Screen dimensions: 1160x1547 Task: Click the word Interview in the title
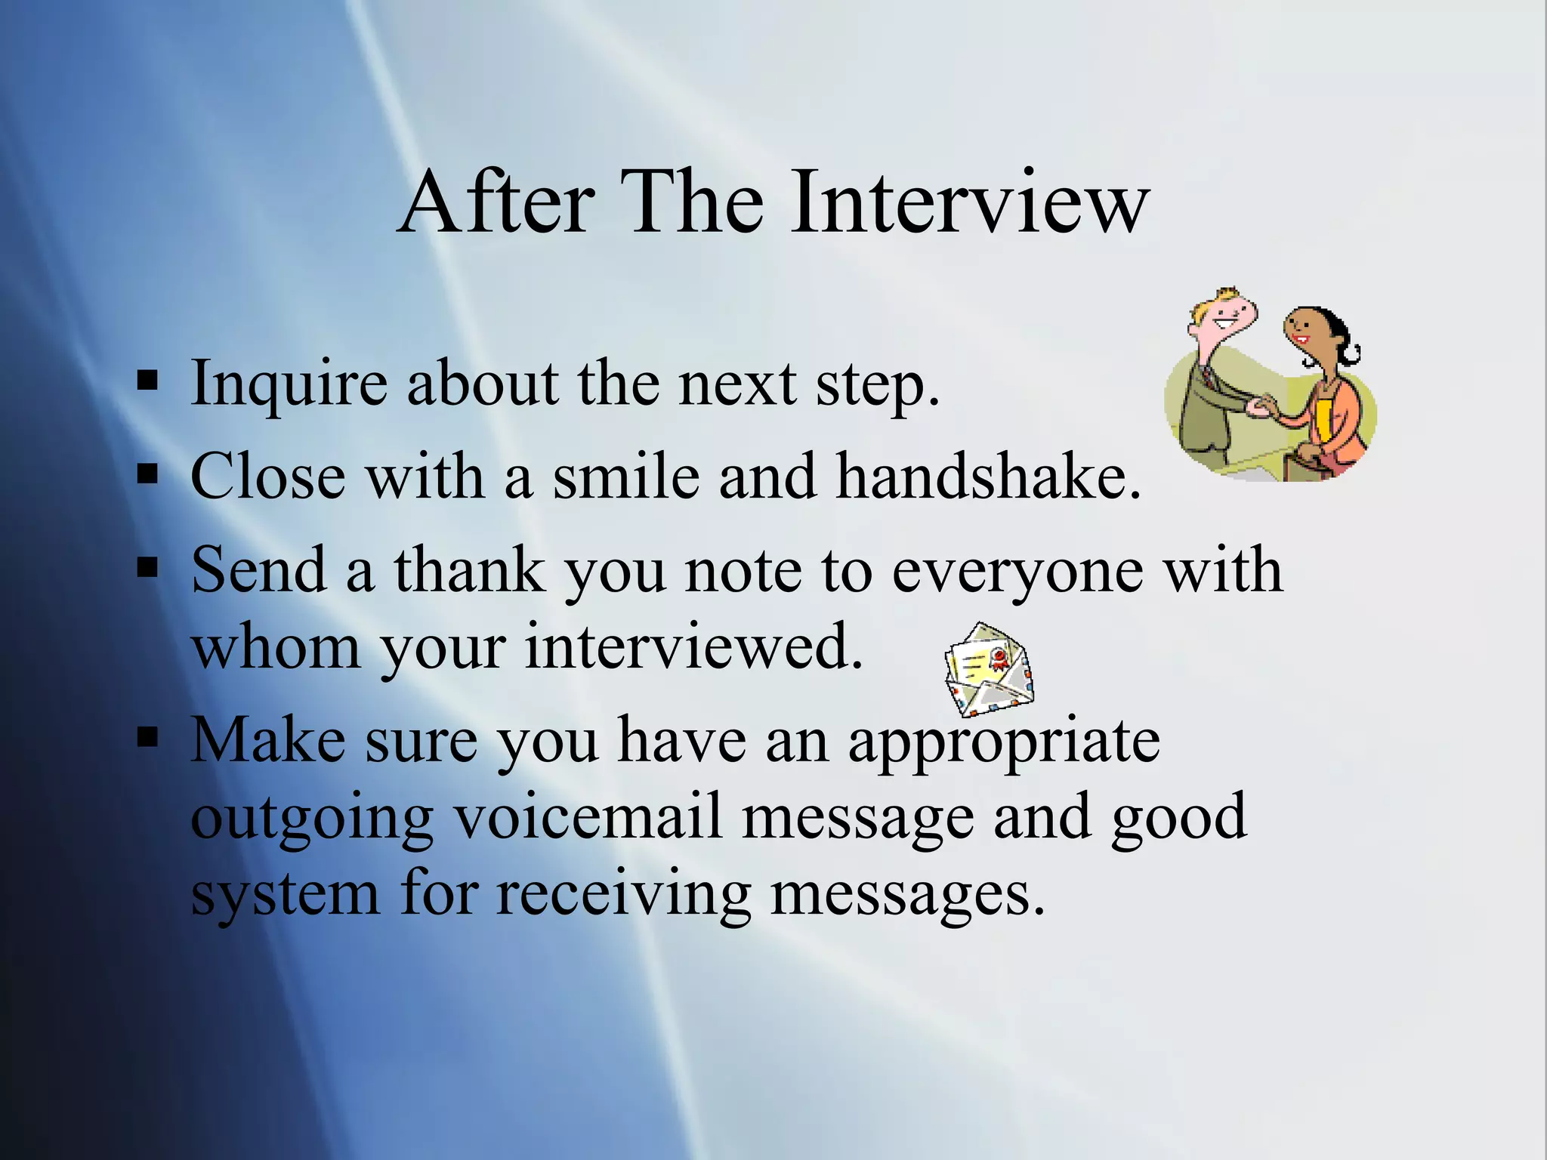pyautogui.click(x=970, y=202)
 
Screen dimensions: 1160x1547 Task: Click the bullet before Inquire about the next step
pyautogui.click(x=147, y=381)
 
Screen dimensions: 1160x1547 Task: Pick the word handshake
pyautogui.click(x=988, y=477)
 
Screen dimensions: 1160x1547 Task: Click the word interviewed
pyautogui.click(x=693, y=648)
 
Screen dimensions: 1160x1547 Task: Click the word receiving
pyautogui.click(x=624, y=896)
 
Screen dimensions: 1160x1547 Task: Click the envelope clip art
pyautogui.click(x=988, y=669)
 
